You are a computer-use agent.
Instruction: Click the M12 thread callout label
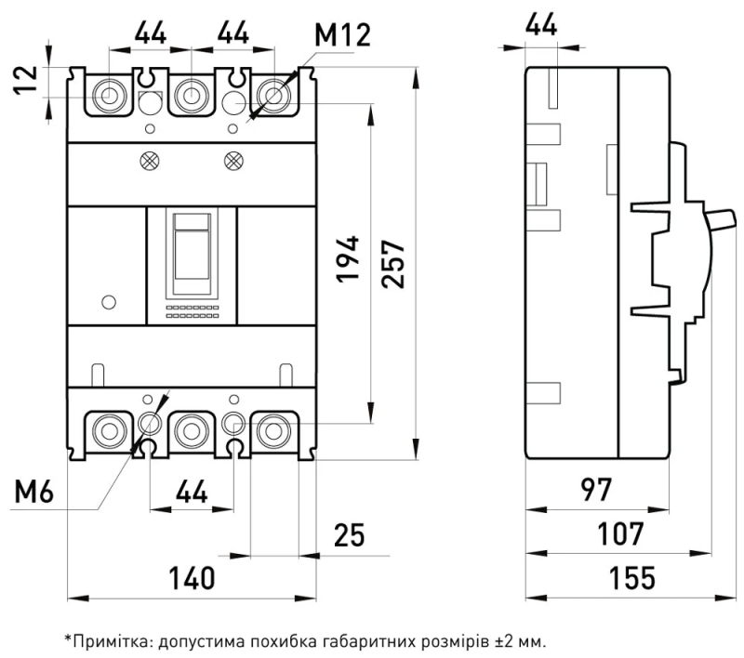[x=342, y=34]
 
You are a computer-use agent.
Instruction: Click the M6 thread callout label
[x=33, y=491]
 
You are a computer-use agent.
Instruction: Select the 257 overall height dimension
[x=393, y=264]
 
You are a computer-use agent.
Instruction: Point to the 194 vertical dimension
[x=348, y=259]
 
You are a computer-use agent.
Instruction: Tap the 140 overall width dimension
[x=193, y=578]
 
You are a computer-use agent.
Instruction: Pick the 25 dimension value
[x=350, y=534]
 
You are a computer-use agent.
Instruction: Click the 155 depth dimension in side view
[x=632, y=577]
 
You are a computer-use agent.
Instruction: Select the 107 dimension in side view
[x=620, y=533]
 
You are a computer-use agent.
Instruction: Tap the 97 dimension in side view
[x=596, y=490]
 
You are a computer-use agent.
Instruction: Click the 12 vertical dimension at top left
[x=25, y=80]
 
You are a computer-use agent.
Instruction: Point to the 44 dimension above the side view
[x=541, y=24]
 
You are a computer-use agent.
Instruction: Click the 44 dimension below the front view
[x=192, y=491]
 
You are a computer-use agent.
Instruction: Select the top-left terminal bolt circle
[x=109, y=96]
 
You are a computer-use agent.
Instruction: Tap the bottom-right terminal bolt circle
[x=273, y=431]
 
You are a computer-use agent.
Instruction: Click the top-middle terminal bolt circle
[x=192, y=96]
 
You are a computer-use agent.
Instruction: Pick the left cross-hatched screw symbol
[x=150, y=161]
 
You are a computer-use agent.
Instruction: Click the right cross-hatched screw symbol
[x=233, y=161]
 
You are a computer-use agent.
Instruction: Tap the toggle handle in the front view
[x=192, y=246]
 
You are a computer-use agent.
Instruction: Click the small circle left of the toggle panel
[x=109, y=302]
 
